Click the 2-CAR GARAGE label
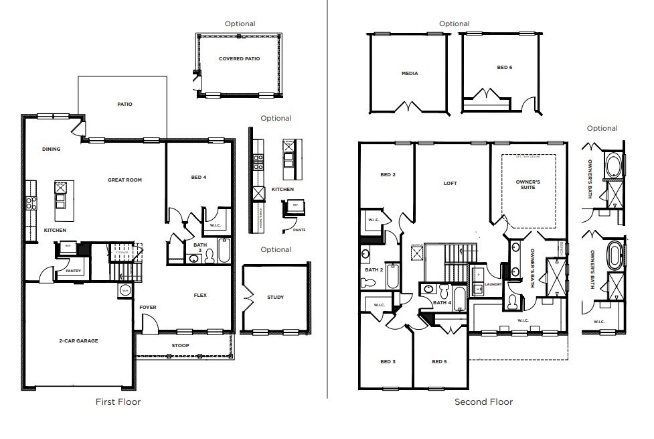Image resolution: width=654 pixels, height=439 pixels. (78, 340)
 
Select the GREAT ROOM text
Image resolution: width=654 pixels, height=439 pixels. (125, 180)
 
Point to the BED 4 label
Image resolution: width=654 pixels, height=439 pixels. (199, 178)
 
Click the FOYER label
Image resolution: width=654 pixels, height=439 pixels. (147, 308)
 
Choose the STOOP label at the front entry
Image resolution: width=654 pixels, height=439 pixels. (180, 346)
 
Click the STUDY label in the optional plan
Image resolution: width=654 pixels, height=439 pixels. (275, 297)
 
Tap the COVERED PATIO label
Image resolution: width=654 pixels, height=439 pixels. (239, 58)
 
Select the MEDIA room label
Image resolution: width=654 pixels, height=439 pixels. (410, 73)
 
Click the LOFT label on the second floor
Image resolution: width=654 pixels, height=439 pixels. (451, 183)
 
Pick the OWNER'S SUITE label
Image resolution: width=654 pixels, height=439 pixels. (529, 185)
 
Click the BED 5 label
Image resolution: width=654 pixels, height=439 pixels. (439, 362)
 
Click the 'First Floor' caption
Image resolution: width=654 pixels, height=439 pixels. (118, 401)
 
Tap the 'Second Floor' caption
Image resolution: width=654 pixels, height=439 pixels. (483, 401)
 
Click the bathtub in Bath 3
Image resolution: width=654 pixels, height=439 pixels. (224, 251)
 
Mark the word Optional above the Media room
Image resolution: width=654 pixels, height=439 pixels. (454, 23)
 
